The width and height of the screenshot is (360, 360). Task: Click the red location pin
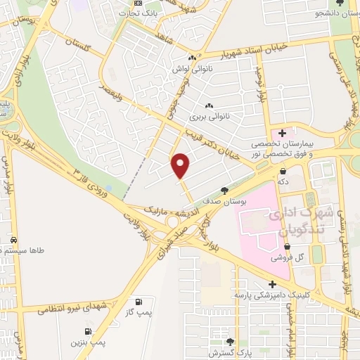click(x=181, y=165)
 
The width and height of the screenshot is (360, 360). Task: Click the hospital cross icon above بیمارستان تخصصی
click(x=283, y=132)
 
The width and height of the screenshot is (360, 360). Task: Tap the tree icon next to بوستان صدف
click(x=224, y=190)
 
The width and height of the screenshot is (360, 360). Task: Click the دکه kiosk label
click(x=283, y=181)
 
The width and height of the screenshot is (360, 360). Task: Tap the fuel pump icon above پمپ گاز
click(x=146, y=300)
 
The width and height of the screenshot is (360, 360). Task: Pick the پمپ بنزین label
click(x=87, y=342)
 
